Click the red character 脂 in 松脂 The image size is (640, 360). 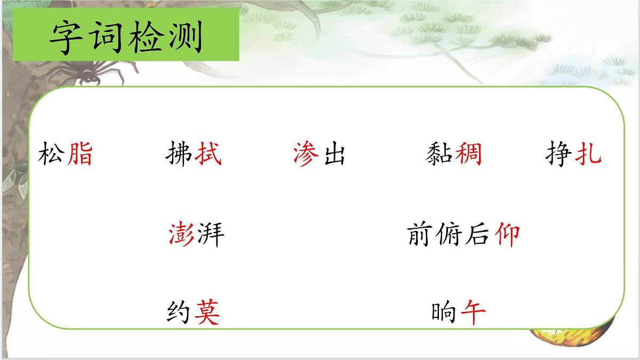(x=79, y=155)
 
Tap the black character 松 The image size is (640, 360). (x=52, y=155)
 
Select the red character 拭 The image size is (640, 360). (x=208, y=155)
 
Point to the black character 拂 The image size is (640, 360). (x=180, y=155)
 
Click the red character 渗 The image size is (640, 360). (x=306, y=155)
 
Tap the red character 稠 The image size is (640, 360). (x=469, y=155)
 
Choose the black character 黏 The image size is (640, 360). (x=440, y=155)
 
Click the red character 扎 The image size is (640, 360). (x=588, y=155)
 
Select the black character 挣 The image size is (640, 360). (x=559, y=155)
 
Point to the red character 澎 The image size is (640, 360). (x=182, y=234)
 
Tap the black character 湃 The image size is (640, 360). (x=211, y=234)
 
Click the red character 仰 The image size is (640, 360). (x=507, y=234)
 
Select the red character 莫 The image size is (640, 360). (x=207, y=313)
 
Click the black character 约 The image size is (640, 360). (x=179, y=313)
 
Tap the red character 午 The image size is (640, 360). (x=473, y=313)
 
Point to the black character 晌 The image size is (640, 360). (x=444, y=313)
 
